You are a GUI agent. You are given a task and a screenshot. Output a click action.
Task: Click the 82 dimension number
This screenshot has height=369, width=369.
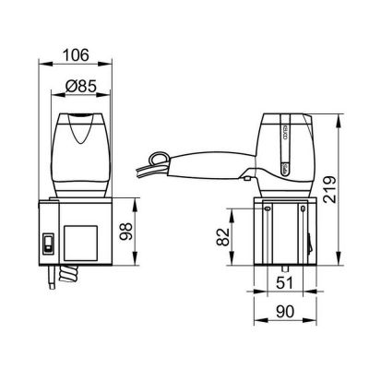point(222,238)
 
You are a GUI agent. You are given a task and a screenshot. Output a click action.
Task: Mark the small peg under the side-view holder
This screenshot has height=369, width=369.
point(284,272)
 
